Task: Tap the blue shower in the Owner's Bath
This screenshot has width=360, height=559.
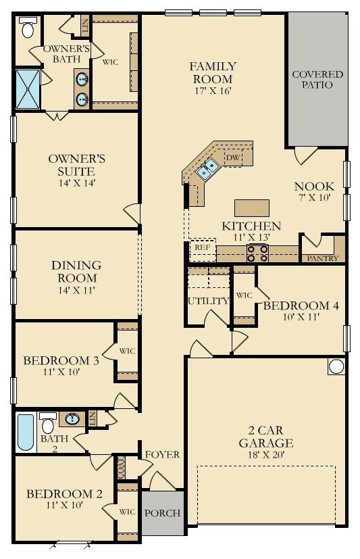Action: tap(28, 89)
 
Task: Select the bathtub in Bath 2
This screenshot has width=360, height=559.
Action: tap(26, 432)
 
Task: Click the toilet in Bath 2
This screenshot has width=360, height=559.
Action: tap(48, 422)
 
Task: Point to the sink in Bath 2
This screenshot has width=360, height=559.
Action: tap(72, 418)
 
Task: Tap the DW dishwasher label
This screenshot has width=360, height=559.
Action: tap(233, 157)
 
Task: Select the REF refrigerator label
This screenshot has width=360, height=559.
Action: tap(203, 247)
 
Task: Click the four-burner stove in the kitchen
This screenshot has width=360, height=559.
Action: tap(257, 253)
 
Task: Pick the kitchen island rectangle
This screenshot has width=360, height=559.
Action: tap(252, 208)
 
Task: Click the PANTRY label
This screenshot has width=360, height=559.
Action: tap(323, 258)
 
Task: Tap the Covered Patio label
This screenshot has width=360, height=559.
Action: tap(317, 80)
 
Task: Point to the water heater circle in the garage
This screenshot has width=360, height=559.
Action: tap(336, 366)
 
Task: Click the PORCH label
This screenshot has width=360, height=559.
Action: tap(162, 513)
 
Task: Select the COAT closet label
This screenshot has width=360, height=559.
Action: tap(122, 468)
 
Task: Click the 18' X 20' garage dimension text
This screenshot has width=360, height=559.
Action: tap(266, 454)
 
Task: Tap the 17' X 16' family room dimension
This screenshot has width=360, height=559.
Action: tap(213, 91)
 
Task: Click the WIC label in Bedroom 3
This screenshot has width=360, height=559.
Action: tap(127, 351)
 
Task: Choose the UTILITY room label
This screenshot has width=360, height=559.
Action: tap(208, 301)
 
